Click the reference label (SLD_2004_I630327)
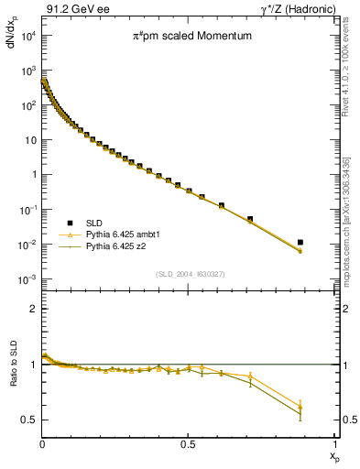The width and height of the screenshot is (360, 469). [189, 273]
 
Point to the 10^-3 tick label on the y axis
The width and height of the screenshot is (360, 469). [27, 279]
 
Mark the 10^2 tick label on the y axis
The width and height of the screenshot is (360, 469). [27, 105]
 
